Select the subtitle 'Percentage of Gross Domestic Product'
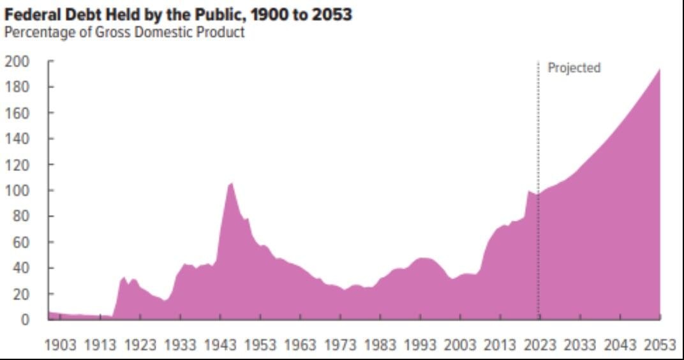124,32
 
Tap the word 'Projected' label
574,68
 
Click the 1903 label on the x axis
61,345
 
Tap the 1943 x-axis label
221,345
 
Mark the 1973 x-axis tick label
341,345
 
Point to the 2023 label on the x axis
540,345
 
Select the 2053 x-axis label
659,345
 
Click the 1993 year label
420,345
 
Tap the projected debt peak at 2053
659,70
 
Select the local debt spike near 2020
528,191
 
